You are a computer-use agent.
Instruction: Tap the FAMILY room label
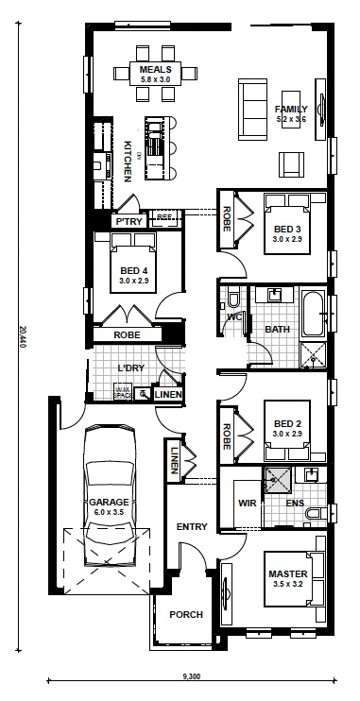(292, 110)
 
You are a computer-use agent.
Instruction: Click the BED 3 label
(287, 230)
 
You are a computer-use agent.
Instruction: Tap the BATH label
(277, 329)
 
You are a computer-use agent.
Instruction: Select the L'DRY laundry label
(130, 368)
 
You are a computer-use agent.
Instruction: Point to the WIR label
(249, 503)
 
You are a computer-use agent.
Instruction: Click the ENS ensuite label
(296, 503)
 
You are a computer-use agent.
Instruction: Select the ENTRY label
(191, 526)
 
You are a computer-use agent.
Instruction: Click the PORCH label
(186, 615)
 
